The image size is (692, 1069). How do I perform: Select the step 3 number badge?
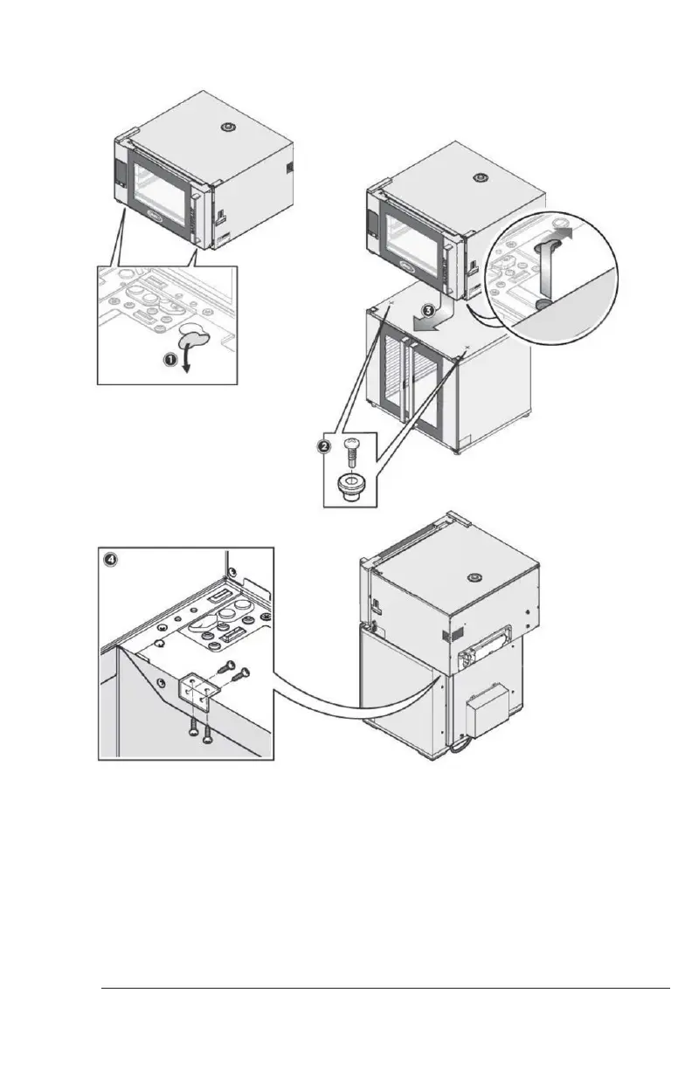click(x=427, y=308)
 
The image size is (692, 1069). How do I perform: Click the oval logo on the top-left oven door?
click(x=150, y=210)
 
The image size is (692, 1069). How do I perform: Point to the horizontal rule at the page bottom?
click(x=384, y=990)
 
